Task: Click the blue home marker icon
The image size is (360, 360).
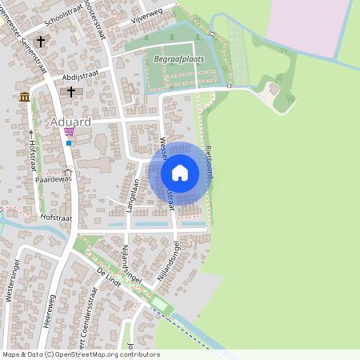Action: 180,173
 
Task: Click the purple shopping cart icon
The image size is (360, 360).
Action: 69,132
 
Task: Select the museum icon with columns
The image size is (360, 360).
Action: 25,97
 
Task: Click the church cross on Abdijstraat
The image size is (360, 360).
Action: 70,93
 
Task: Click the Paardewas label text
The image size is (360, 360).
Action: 53,178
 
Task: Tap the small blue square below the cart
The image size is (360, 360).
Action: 69,143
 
